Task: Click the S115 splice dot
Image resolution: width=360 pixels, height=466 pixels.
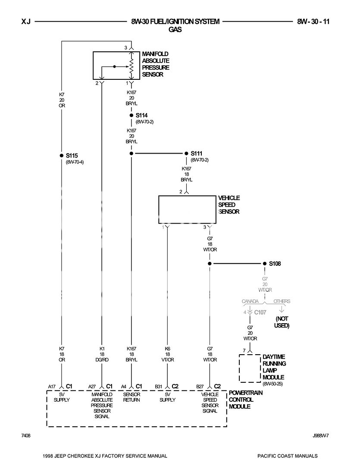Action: click(62, 155)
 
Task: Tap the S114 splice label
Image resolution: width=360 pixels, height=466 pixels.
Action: click(141, 116)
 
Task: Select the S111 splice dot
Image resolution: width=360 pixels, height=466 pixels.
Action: click(186, 153)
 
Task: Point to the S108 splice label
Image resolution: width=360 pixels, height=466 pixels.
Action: click(275, 263)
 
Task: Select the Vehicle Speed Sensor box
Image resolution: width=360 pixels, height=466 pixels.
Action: click(187, 209)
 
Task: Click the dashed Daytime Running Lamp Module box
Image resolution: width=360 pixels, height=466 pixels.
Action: click(250, 368)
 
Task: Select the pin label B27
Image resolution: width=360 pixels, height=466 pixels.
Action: click(200, 386)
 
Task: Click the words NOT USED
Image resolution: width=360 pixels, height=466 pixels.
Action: click(282, 322)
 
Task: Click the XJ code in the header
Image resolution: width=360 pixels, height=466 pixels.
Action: click(25, 21)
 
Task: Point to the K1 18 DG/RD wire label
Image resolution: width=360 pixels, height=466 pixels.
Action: click(102, 353)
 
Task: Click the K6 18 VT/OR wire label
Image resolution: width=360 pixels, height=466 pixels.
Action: click(167, 353)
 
